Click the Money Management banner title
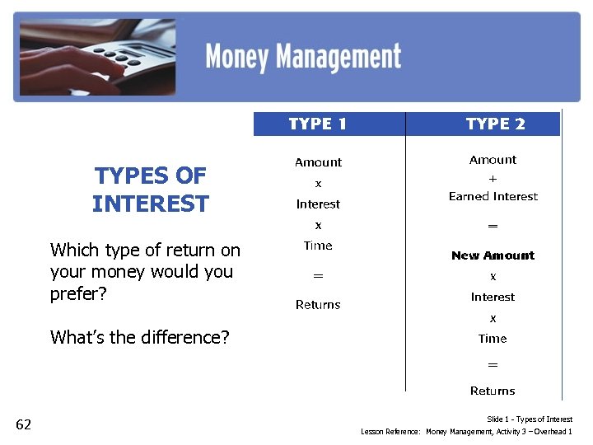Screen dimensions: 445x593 [x=303, y=57]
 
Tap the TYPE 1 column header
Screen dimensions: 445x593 [x=318, y=124]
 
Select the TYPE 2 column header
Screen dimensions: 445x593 [x=495, y=124]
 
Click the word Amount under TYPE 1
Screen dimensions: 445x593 [x=318, y=162]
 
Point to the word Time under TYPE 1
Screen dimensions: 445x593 [x=318, y=246]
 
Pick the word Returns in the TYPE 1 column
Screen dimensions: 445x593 [x=318, y=305]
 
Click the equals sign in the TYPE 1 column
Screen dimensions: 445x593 [x=318, y=275]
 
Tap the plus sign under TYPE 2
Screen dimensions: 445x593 [x=493, y=178]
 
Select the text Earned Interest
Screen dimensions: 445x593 [x=493, y=196]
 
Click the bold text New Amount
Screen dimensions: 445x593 [x=493, y=255]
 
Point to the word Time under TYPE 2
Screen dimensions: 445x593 [x=493, y=339]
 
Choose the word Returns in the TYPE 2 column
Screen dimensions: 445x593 [x=493, y=391]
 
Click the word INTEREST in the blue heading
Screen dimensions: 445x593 [x=151, y=204]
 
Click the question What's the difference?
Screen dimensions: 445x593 [x=140, y=336]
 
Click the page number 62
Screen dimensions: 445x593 [x=23, y=424]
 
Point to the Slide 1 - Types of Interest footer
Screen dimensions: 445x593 [x=530, y=419]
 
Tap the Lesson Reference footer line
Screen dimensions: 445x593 [x=466, y=432]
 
